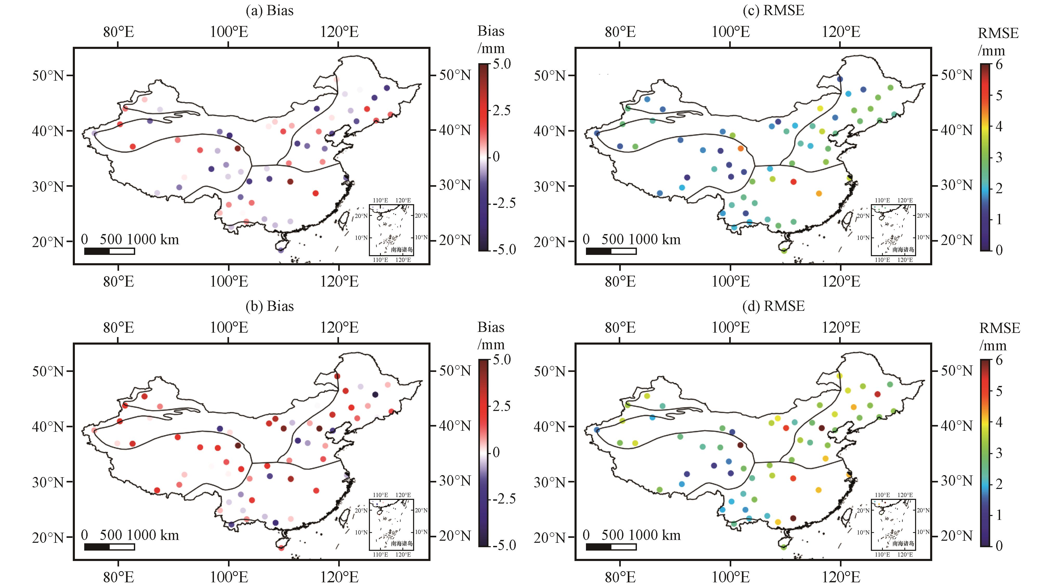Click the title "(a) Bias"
270,11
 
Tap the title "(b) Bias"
270,306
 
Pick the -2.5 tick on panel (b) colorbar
504,499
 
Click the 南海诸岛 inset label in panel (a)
402,249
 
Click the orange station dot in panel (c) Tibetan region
740,148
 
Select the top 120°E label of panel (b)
339,327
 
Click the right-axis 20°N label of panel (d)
956,536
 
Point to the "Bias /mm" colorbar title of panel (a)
491,40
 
